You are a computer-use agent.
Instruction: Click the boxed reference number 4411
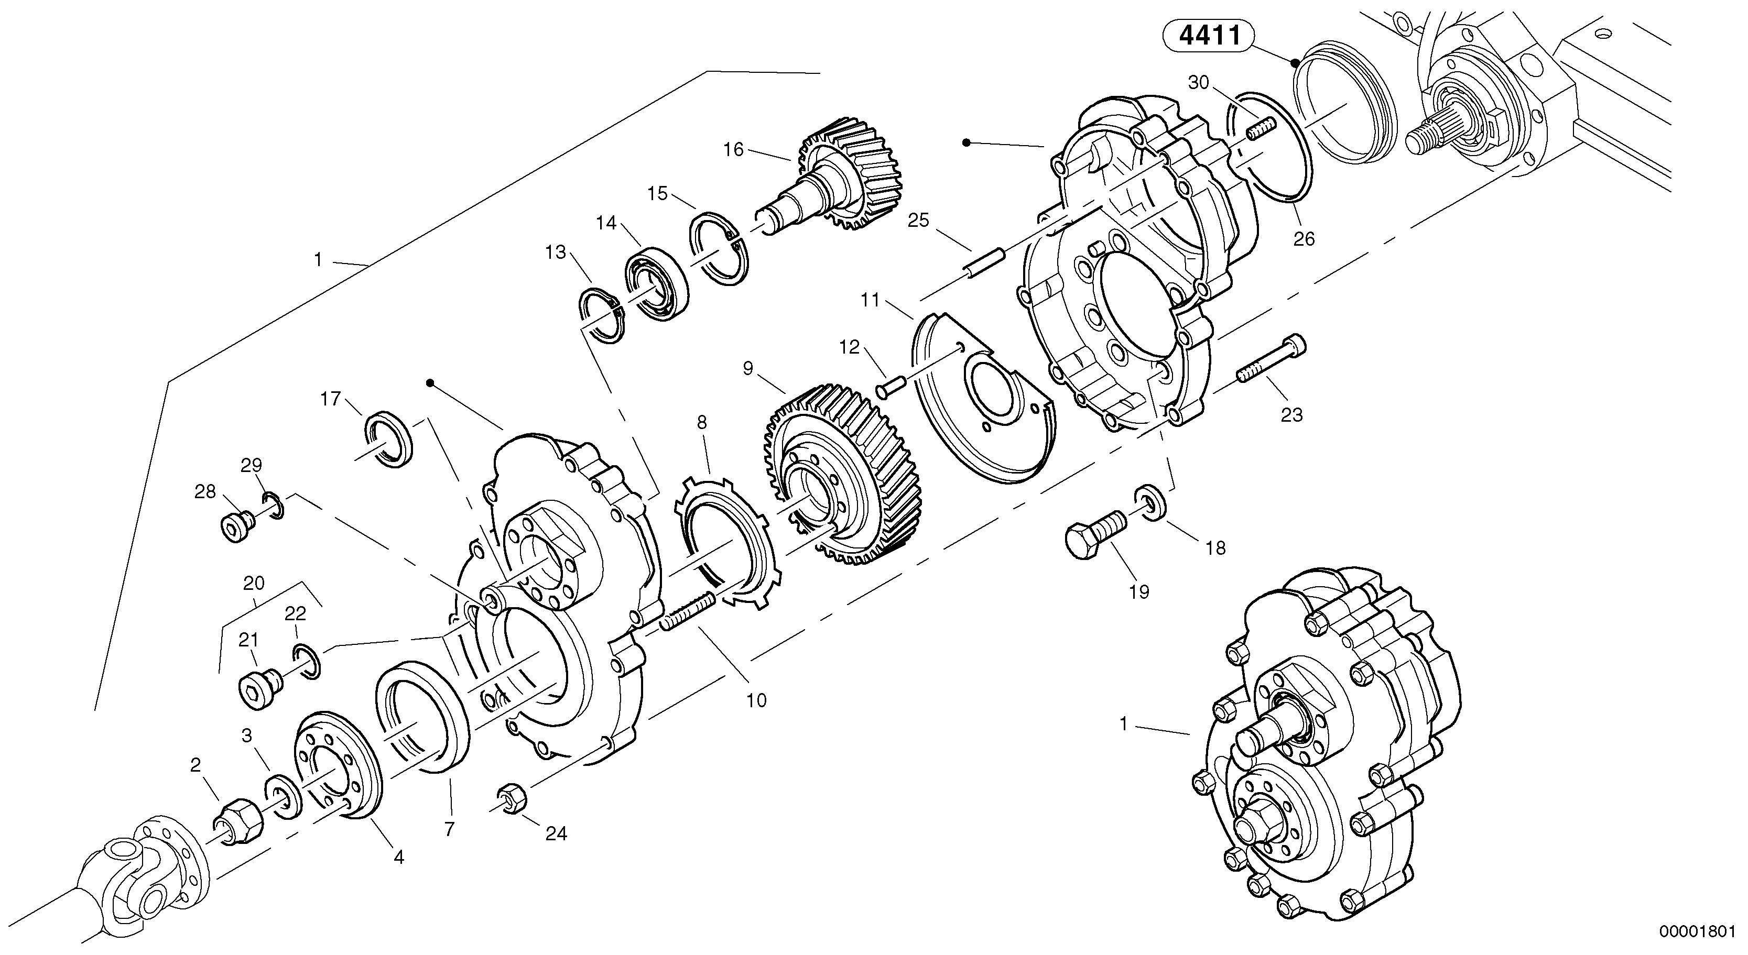click(1209, 35)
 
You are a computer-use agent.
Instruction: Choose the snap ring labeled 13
click(601, 315)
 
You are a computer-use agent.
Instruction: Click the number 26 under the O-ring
click(1304, 239)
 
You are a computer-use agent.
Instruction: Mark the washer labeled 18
click(1149, 502)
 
